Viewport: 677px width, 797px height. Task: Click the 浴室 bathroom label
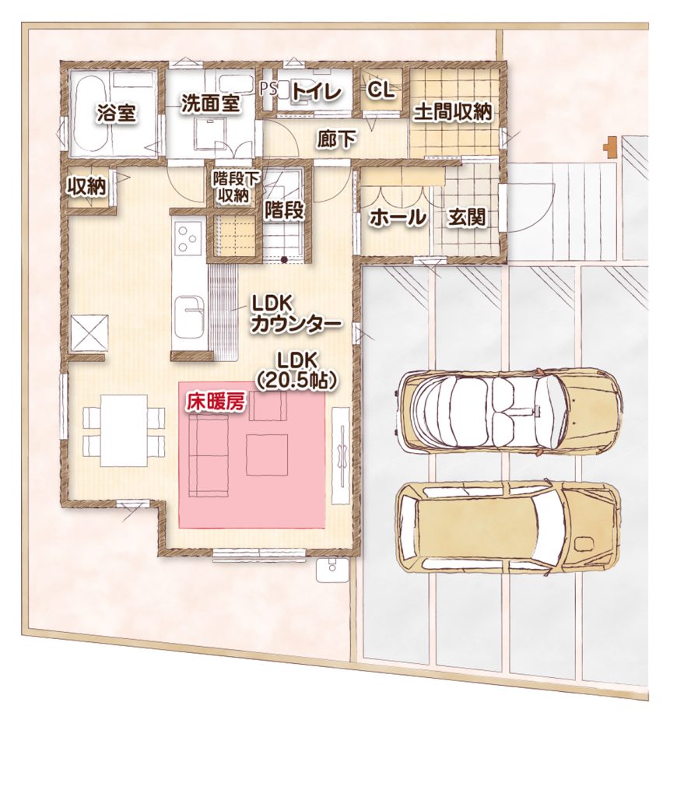pyautogui.click(x=117, y=113)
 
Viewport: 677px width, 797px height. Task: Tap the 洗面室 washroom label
pyautogui.click(x=210, y=104)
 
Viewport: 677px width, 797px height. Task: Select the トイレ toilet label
pyautogui.click(x=317, y=92)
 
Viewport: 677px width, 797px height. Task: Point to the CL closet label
pyautogui.click(x=381, y=90)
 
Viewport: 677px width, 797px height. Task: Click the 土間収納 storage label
pyautogui.click(x=453, y=112)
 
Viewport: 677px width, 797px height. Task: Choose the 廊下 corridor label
pyautogui.click(x=337, y=139)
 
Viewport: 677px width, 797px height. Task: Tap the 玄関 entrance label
pyautogui.click(x=467, y=218)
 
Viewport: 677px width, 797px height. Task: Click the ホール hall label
pyautogui.click(x=398, y=218)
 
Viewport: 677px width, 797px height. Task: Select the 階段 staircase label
pyautogui.click(x=283, y=210)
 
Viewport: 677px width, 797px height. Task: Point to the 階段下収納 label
pyautogui.click(x=235, y=186)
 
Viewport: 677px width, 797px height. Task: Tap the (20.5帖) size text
pyautogui.click(x=296, y=381)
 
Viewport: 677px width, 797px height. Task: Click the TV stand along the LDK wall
pyautogui.click(x=340, y=455)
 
